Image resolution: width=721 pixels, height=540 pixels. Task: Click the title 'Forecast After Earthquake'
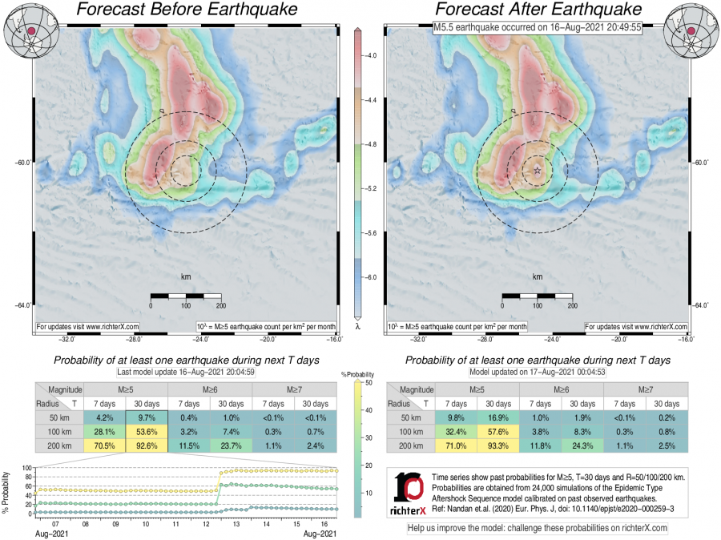pos(536,10)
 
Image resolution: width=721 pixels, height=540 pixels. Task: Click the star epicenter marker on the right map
pos(537,171)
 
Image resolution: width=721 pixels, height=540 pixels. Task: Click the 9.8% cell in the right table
pos(457,418)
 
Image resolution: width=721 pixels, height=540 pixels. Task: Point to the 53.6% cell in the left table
pos(146,431)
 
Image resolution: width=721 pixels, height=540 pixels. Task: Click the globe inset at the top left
pos(29,27)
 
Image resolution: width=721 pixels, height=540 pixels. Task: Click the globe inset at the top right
pos(690,27)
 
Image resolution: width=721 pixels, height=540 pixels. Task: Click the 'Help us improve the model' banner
pos(538,529)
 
